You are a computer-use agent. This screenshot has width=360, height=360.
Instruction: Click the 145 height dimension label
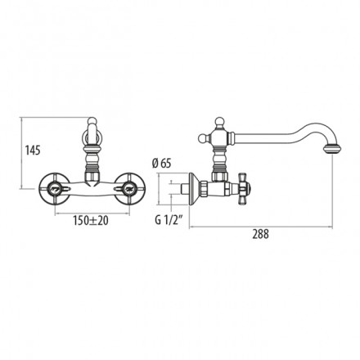coord(33,150)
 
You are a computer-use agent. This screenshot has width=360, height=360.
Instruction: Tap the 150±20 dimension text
coord(91,220)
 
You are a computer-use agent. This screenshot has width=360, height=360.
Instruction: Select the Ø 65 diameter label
coord(161,164)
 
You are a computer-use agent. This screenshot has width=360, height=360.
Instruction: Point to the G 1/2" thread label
coord(169,220)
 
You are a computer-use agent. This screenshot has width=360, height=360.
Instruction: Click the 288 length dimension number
coord(260,234)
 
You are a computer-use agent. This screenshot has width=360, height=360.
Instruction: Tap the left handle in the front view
coord(54,188)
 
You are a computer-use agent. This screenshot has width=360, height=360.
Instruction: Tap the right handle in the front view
coord(130,188)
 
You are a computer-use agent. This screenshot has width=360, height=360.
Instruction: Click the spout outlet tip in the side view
coord(332,149)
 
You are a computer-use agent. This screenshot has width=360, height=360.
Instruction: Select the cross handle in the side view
coord(245,188)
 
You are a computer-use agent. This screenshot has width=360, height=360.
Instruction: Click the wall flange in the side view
coord(193,188)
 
